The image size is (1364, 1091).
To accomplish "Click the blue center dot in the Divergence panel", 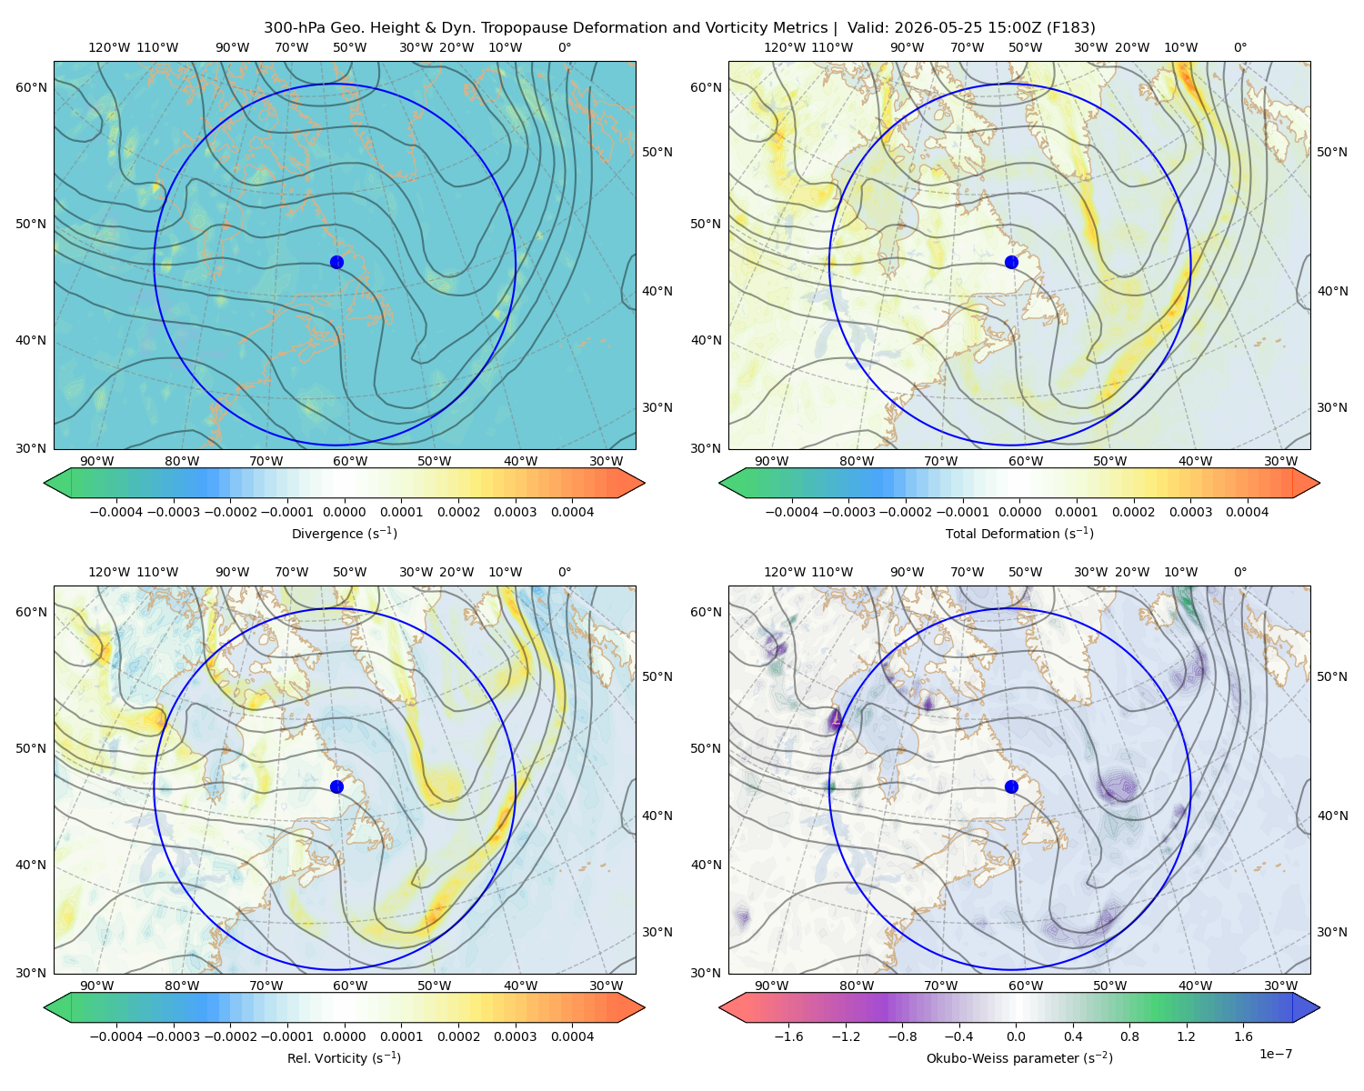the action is (336, 262).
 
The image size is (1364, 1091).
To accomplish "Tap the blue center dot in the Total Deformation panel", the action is (1011, 262).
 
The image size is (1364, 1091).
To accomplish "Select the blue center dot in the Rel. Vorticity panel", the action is (336, 786).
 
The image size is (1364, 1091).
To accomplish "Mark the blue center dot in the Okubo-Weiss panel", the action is (1011, 786).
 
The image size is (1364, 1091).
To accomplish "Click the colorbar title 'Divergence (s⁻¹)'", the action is (344, 533).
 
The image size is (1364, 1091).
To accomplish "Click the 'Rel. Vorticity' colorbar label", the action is (326, 1058).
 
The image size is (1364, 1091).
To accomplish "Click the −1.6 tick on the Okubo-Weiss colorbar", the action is (788, 1036).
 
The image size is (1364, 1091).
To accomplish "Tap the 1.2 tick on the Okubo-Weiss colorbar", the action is (1186, 1036).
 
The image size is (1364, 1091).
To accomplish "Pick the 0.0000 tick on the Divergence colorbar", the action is (344, 512).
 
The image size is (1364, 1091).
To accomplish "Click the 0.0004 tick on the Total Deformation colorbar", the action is (1247, 512).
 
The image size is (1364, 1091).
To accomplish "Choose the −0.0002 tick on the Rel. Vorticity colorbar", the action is (231, 1036).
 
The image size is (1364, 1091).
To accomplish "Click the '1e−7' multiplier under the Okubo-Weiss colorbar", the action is (1275, 1054).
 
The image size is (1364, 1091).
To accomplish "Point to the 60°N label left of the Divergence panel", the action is (31, 87).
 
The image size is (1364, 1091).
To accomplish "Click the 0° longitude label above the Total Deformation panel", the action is (1239, 47).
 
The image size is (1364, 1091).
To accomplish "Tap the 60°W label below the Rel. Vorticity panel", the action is (350, 986).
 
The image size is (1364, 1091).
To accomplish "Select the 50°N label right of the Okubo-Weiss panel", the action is (1332, 676).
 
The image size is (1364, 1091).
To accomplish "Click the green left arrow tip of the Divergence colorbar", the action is (45, 483).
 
